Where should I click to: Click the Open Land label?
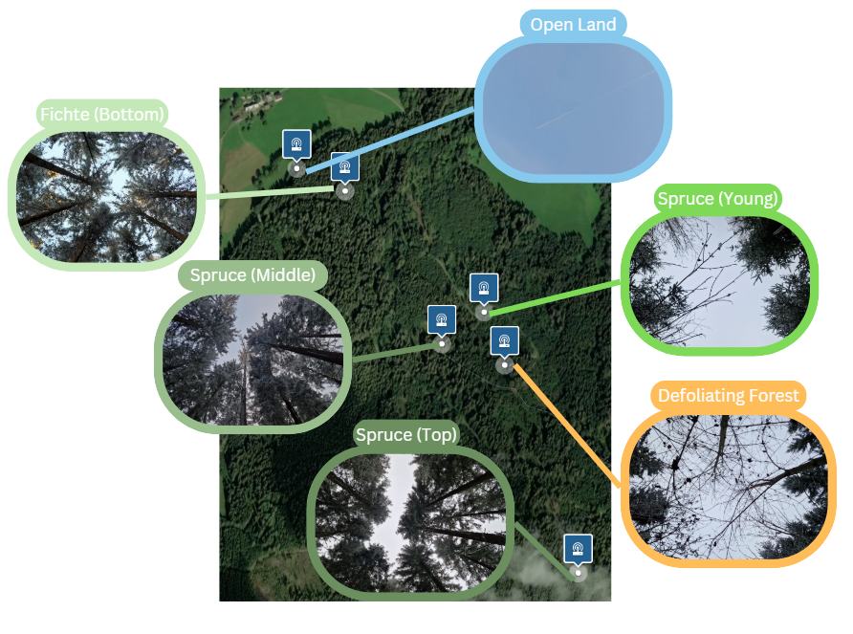click(x=573, y=24)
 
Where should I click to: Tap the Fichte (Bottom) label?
click(x=103, y=115)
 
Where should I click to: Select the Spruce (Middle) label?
click(x=252, y=275)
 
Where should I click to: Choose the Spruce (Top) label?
click(x=406, y=435)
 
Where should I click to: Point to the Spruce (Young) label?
click(x=718, y=199)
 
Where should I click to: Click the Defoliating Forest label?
click(x=729, y=396)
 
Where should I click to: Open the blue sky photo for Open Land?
click(x=573, y=107)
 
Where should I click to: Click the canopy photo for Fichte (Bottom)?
click(x=105, y=196)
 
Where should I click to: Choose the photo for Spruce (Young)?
click(x=719, y=280)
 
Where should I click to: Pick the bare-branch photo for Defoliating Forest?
click(x=729, y=487)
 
